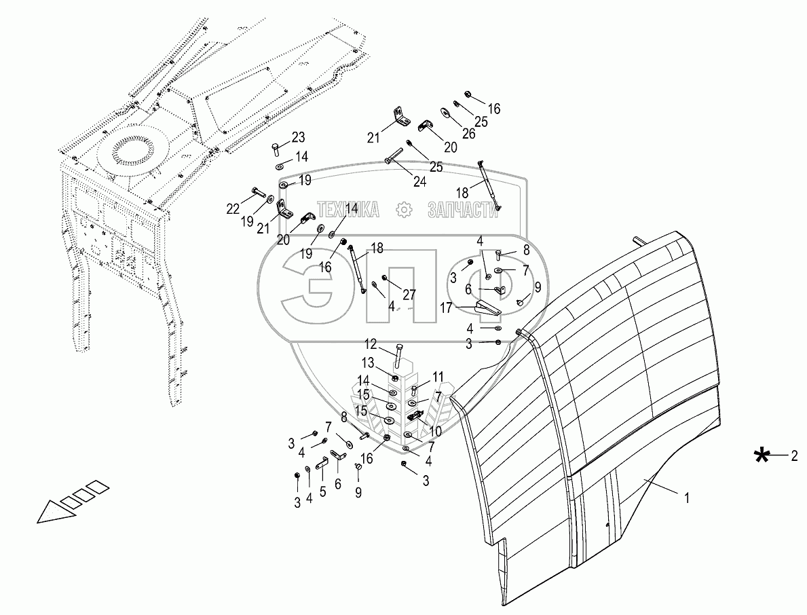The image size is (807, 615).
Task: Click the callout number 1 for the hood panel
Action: [x=687, y=498]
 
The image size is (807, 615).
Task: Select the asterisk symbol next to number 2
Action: [x=764, y=456]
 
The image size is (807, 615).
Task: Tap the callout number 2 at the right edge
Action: [x=793, y=456]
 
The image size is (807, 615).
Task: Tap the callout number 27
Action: [x=409, y=295]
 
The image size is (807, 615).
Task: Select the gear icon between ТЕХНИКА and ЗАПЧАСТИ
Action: [x=404, y=210]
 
